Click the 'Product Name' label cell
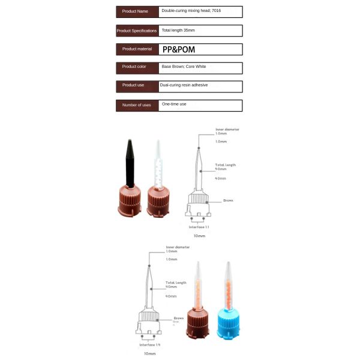point(137,11)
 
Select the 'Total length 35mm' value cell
point(200,31)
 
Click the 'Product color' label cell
point(137,67)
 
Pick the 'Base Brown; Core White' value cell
point(200,67)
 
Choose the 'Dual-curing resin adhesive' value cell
point(200,86)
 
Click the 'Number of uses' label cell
point(137,105)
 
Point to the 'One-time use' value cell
point(200,105)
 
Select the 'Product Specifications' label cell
point(137,31)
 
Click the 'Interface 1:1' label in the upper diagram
point(199,227)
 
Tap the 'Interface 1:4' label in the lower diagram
point(149,345)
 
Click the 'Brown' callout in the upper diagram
point(228,201)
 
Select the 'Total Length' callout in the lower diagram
point(176,283)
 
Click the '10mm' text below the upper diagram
point(199,236)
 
